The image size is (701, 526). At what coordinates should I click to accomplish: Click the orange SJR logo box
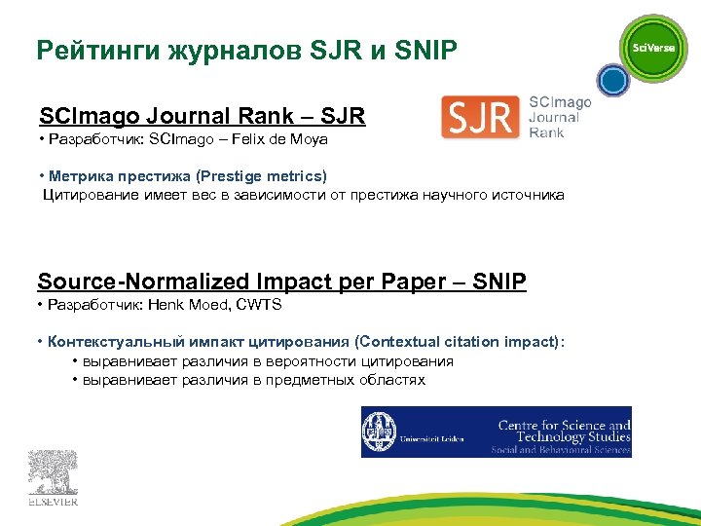point(480,118)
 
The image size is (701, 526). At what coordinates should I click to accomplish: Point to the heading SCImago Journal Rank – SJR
point(202,117)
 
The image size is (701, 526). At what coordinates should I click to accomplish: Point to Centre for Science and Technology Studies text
point(564,431)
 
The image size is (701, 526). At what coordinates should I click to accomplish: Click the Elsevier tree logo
point(53,472)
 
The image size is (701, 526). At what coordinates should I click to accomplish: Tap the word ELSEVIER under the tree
point(53,503)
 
